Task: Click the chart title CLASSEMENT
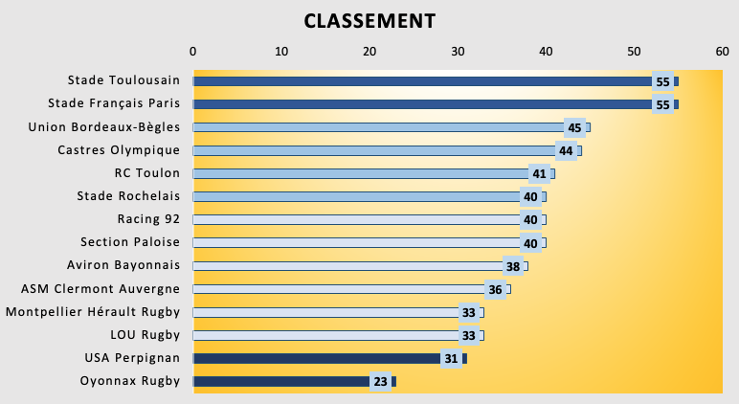pos(369,21)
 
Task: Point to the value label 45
pos(574,127)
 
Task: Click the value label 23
pos(381,381)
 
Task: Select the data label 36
pos(495,289)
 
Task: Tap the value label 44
pos(566,150)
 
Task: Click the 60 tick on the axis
pos(722,51)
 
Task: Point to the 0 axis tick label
pos(193,51)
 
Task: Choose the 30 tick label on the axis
pos(458,51)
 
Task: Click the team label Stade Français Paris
pos(114,103)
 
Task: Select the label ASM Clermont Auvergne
pos(101,288)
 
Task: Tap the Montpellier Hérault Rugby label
pos(93,311)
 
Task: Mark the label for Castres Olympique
pos(119,150)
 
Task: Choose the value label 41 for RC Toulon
pos(539,173)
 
